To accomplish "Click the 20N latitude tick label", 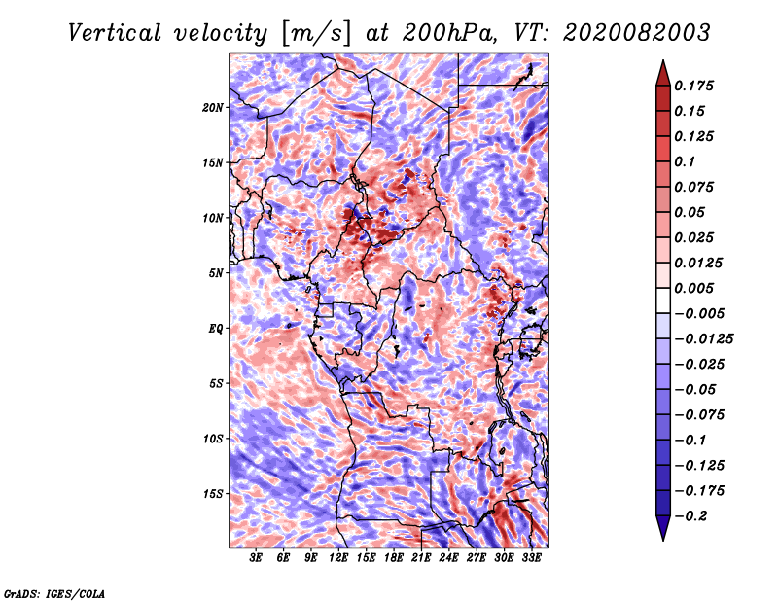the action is point(213,108).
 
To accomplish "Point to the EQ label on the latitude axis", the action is point(215,329).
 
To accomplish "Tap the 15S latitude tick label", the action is point(213,494).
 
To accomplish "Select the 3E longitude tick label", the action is point(256,558).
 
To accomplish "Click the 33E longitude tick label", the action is point(531,558).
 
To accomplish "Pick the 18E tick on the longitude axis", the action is point(394,558).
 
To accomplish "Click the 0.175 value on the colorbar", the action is point(693,86).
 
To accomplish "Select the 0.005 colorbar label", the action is point(693,288).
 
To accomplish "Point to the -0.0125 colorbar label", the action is point(703,339).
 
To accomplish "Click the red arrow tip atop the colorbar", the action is point(663,60).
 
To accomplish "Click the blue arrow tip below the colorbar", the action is point(663,540).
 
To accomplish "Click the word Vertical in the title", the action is point(114,33).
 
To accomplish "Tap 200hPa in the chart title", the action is point(449,33).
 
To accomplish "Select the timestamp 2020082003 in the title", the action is point(637,33).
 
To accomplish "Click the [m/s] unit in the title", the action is point(316,33).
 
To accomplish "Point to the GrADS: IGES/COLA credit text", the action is point(54,593).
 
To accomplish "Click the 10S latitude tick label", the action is point(213,439).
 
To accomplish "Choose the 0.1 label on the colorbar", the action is point(685,161).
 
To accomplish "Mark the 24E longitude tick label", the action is point(448,558).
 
